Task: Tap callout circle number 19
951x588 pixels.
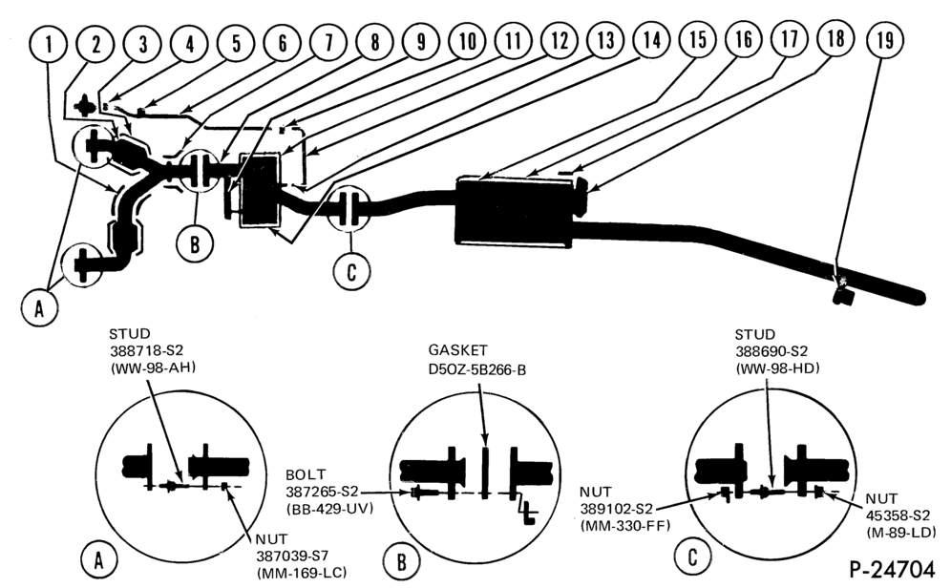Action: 884,40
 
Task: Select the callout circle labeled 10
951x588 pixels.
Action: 467,42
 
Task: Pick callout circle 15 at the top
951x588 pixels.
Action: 698,40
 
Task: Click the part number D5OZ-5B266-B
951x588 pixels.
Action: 476,368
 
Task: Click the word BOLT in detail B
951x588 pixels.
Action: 306,474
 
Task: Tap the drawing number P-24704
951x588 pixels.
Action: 892,569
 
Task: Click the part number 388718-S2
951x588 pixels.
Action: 146,350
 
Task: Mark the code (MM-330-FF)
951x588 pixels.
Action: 624,526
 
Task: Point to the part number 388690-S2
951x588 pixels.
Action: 771,351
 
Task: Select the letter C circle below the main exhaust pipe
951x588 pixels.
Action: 351,271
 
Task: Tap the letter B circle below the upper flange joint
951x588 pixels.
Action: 195,244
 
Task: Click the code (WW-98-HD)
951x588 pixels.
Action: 777,367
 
